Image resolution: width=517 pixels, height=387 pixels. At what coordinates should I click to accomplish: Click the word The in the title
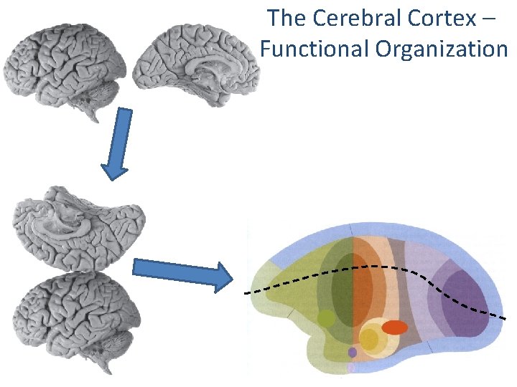tap(286, 18)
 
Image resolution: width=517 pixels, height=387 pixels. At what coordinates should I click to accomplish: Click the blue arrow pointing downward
tap(118, 143)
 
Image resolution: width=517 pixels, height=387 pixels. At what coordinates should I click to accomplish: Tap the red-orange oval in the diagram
tap(394, 328)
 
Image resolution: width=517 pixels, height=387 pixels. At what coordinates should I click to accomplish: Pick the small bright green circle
tap(326, 318)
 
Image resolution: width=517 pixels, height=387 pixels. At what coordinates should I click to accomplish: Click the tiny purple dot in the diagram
tap(352, 353)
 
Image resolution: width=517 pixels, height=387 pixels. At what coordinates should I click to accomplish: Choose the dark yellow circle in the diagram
tap(369, 340)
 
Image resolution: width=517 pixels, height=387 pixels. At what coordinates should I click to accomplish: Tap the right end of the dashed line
tap(506, 317)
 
